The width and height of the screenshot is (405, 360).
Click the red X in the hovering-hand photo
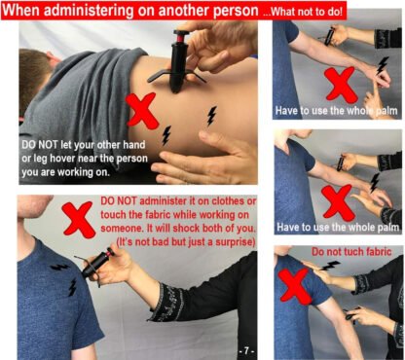tap(142, 110)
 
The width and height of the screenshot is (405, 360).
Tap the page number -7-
tap(246, 350)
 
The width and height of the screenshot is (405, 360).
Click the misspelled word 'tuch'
tap(350, 252)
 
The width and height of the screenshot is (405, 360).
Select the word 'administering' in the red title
tap(88, 10)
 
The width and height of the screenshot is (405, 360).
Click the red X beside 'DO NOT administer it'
tap(79, 218)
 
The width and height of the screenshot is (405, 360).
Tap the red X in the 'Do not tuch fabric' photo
tap(295, 286)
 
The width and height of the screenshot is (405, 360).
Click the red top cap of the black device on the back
tap(182, 34)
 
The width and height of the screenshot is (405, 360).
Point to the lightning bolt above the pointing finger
tap(383, 65)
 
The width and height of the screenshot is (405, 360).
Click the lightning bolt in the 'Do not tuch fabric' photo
tap(330, 266)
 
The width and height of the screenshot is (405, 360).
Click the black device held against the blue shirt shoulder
tap(95, 264)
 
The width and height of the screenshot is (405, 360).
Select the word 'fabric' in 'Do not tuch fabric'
tap(377, 252)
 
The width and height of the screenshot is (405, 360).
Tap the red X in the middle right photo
tap(337, 201)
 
